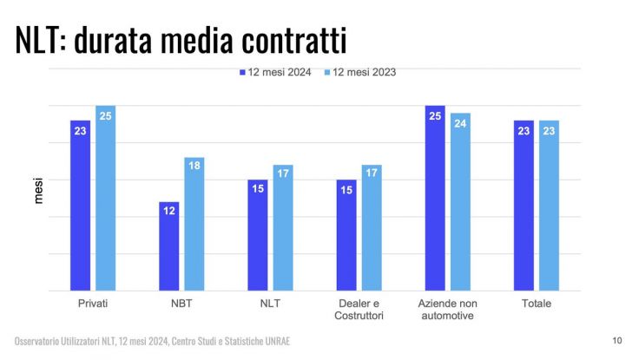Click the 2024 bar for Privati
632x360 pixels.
(x=80, y=206)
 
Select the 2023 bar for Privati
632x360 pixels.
(x=106, y=198)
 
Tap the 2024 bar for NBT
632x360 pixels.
(x=168, y=246)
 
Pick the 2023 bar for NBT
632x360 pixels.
(x=194, y=224)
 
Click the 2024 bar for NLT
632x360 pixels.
(x=257, y=235)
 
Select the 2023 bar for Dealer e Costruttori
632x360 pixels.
(x=372, y=227)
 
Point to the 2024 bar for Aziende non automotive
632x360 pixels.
(x=435, y=198)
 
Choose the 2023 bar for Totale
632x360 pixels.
(x=549, y=206)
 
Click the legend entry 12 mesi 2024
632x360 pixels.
(x=274, y=73)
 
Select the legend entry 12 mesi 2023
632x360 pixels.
(x=359, y=73)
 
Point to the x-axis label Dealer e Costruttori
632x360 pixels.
(x=359, y=310)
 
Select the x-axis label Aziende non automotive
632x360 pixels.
(x=447, y=310)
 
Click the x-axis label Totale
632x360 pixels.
(x=536, y=304)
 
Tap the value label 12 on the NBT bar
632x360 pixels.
(x=168, y=209)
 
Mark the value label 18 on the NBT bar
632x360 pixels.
(x=194, y=165)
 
